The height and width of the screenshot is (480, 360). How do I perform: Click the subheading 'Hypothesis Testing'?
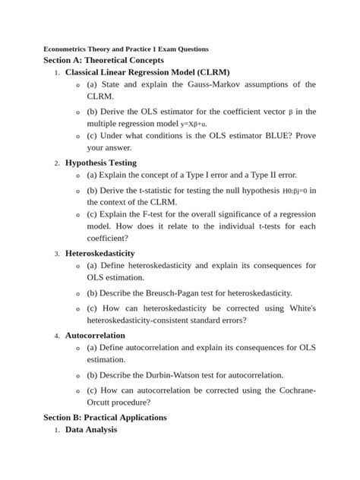[x=101, y=163]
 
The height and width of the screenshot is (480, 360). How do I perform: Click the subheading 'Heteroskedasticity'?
[x=100, y=253]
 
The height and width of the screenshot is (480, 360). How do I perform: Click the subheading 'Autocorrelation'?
[x=96, y=335]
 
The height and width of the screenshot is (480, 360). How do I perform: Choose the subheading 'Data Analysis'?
[x=91, y=430]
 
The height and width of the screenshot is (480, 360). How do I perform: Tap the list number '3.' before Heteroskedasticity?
[x=57, y=254]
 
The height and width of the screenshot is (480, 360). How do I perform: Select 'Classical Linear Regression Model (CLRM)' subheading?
[x=147, y=72]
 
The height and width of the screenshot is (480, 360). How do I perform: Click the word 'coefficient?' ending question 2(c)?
[x=108, y=238]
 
